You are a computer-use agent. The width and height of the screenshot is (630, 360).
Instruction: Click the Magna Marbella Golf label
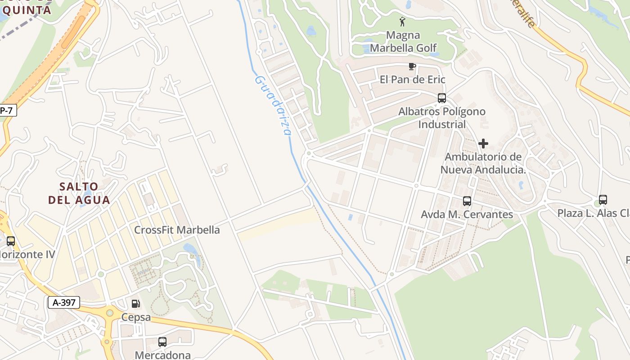[403, 41]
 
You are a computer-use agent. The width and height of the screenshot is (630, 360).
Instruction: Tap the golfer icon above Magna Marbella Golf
[402, 21]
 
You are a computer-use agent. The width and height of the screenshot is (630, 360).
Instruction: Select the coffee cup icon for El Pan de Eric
[412, 67]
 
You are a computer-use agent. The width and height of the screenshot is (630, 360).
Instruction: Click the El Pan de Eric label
[412, 80]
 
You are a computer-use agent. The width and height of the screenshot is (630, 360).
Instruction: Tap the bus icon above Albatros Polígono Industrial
[442, 98]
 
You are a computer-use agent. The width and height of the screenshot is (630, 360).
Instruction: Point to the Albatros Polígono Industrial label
[442, 117]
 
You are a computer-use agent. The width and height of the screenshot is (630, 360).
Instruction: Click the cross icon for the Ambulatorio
[483, 144]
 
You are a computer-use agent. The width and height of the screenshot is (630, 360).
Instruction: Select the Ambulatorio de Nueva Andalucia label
[483, 163]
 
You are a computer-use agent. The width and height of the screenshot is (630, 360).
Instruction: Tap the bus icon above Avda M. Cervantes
[467, 201]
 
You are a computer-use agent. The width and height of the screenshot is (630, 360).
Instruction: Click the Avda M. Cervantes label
[467, 214]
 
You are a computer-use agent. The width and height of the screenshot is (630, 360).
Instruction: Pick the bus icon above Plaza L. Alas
[603, 200]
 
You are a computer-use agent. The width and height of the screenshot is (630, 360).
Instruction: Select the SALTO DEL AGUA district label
[79, 193]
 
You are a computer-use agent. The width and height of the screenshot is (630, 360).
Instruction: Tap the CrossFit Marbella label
[177, 230]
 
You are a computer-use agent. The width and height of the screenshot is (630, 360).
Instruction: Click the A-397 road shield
[64, 302]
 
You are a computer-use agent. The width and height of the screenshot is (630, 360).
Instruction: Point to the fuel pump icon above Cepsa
[136, 304]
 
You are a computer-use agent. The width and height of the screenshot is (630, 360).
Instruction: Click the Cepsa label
[136, 317]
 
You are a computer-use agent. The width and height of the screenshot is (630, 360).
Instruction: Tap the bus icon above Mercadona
[162, 342]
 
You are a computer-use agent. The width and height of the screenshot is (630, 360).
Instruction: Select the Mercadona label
[162, 355]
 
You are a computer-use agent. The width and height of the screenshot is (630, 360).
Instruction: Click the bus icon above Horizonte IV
[11, 241]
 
